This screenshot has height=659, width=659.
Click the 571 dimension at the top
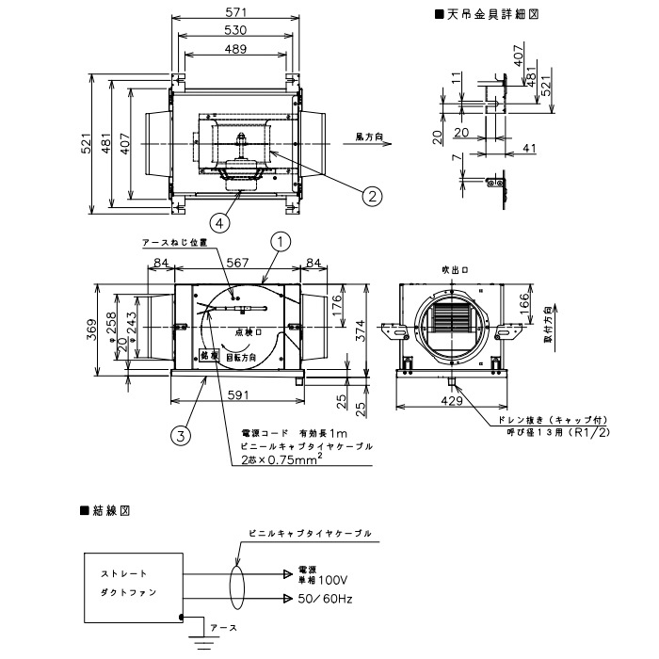tap(236, 13)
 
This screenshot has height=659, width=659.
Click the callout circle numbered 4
tap(218, 223)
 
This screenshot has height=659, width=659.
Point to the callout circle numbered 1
tap(279, 242)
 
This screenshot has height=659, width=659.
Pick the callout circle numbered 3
tap(178, 434)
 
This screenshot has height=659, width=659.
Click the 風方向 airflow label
tap(369, 137)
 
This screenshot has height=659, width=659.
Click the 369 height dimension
tap(91, 331)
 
